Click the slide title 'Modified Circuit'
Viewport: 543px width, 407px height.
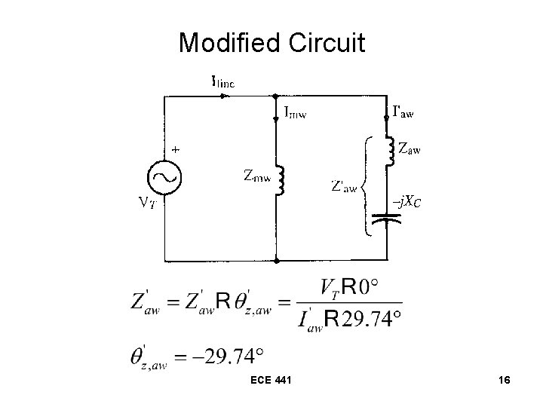271,43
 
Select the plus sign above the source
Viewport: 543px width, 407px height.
175,150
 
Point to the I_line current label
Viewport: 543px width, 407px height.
223,82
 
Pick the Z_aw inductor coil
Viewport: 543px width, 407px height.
389,150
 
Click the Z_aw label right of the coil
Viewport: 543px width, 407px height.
410,149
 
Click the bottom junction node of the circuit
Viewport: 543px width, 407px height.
277,262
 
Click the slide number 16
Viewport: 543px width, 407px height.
504,381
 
